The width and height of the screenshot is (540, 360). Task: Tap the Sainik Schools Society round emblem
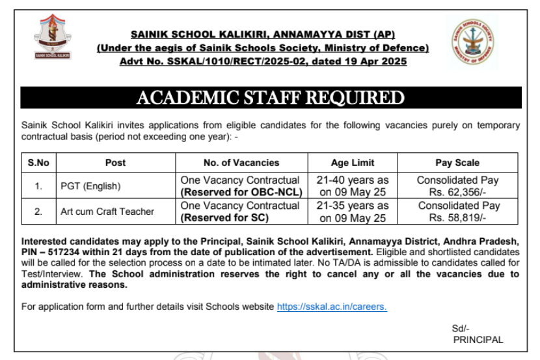pyautogui.click(x=473, y=41)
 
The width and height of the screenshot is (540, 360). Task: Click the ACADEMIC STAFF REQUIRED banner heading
pyautogui.click(x=270, y=98)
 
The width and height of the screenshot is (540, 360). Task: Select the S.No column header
pyautogui.click(x=38, y=163)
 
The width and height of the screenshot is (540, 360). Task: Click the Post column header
pyautogui.click(x=115, y=163)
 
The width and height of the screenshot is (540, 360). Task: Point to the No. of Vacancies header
pyautogui.click(x=241, y=163)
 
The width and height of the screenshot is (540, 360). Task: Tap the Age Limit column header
pyautogui.click(x=353, y=163)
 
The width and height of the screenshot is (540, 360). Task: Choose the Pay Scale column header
pyautogui.click(x=457, y=163)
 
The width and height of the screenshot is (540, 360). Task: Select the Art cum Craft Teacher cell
pyautogui.click(x=107, y=212)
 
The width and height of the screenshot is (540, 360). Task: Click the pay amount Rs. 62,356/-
pyautogui.click(x=458, y=193)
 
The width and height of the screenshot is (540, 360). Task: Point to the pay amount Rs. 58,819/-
pyautogui.click(x=458, y=218)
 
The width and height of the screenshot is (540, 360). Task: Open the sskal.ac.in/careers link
pyautogui.click(x=332, y=307)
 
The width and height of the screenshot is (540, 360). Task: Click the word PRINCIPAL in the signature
pyautogui.click(x=478, y=340)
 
